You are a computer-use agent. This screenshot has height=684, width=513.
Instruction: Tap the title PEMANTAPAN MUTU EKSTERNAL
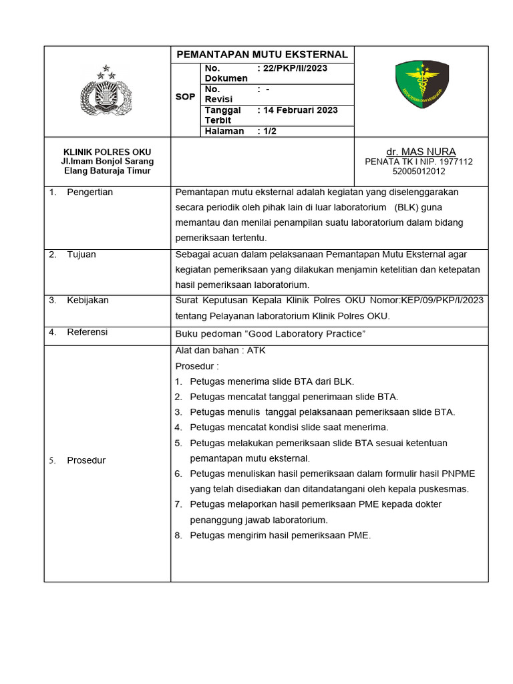[262, 54]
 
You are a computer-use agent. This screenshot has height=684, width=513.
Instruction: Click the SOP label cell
[185, 97]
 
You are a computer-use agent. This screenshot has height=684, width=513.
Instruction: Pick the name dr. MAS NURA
[421, 152]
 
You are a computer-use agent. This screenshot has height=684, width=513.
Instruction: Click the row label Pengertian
[90, 192]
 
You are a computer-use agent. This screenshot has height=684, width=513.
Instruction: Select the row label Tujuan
[82, 254]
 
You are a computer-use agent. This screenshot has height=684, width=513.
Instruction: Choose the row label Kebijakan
[88, 301]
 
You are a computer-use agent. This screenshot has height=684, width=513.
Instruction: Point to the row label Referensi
[87, 332]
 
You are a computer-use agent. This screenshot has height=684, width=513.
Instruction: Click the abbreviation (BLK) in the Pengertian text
[406, 207]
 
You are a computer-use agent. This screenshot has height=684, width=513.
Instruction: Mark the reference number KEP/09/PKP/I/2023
[442, 301]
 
